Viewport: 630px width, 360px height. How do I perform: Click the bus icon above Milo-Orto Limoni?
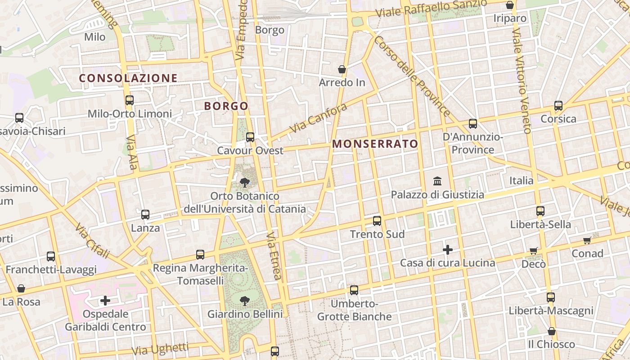click(x=130, y=100)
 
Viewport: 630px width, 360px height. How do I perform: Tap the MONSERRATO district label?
click(x=375, y=144)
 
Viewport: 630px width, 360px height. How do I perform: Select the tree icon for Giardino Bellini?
click(x=245, y=300)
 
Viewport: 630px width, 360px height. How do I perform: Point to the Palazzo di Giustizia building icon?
click(x=437, y=181)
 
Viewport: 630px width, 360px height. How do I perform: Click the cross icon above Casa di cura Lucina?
click(x=448, y=249)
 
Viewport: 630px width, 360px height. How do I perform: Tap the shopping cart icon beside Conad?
click(x=587, y=240)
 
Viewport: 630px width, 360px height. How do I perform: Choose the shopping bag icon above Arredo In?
click(x=342, y=69)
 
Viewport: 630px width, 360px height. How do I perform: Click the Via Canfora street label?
click(x=318, y=118)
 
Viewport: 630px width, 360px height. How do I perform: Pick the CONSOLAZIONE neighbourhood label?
click(x=128, y=78)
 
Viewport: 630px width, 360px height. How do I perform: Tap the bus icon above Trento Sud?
click(x=377, y=220)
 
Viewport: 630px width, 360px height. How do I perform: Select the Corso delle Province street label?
click(x=411, y=76)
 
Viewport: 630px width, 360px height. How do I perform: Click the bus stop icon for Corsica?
click(x=558, y=106)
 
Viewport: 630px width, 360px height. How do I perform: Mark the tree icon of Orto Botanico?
click(x=245, y=182)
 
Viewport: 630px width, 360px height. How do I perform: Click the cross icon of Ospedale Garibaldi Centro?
click(x=105, y=300)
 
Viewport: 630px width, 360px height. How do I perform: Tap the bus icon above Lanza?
click(x=145, y=215)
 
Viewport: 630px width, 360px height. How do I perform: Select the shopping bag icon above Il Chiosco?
click(x=551, y=331)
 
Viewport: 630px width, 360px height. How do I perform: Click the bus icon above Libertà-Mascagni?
click(x=551, y=297)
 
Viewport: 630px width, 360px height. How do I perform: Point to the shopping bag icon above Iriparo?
click(x=510, y=5)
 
